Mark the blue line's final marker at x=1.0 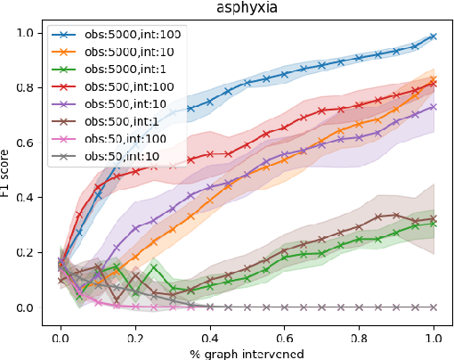434,37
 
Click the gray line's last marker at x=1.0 434,307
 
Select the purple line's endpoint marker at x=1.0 434,107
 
